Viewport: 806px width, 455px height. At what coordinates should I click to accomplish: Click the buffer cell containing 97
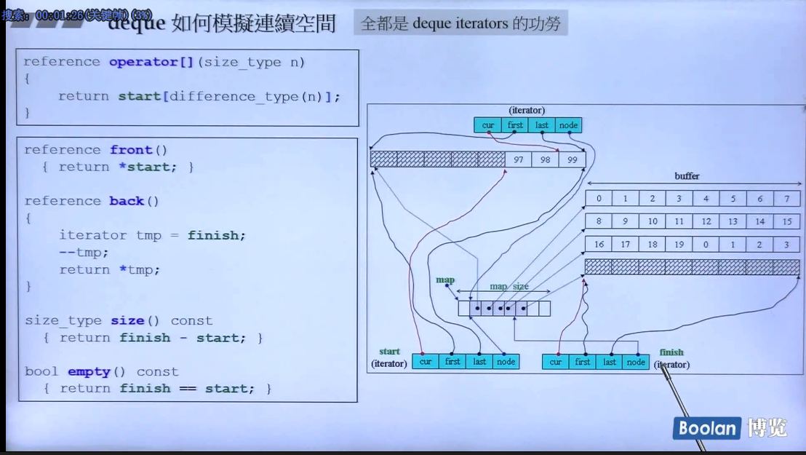click(518, 159)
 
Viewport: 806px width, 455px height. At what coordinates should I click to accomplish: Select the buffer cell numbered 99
click(572, 159)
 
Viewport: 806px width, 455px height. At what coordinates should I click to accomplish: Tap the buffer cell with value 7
click(786, 199)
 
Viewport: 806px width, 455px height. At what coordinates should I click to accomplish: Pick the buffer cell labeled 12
click(706, 221)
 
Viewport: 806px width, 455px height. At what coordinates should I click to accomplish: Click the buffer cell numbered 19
click(679, 245)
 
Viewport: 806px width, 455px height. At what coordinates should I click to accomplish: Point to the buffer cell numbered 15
click(786, 221)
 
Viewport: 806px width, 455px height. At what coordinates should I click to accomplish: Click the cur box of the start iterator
click(426, 361)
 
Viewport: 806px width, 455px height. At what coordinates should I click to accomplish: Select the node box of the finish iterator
click(636, 362)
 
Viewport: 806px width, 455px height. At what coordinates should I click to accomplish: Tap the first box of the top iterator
click(515, 125)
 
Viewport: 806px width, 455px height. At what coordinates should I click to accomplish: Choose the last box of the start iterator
click(479, 361)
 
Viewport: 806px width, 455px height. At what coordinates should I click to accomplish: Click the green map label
click(445, 280)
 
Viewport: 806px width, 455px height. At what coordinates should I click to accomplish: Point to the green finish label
click(671, 352)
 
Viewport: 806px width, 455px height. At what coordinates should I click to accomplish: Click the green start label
click(389, 352)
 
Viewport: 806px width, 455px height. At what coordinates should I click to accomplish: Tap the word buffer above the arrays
click(687, 176)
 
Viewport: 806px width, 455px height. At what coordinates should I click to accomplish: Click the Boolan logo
click(706, 428)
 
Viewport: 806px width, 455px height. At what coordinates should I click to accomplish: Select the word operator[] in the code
click(151, 62)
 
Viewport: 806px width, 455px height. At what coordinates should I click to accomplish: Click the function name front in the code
click(131, 150)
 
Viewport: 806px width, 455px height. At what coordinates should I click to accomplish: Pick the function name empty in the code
click(89, 371)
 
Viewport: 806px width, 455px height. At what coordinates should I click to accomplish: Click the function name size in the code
click(127, 320)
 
